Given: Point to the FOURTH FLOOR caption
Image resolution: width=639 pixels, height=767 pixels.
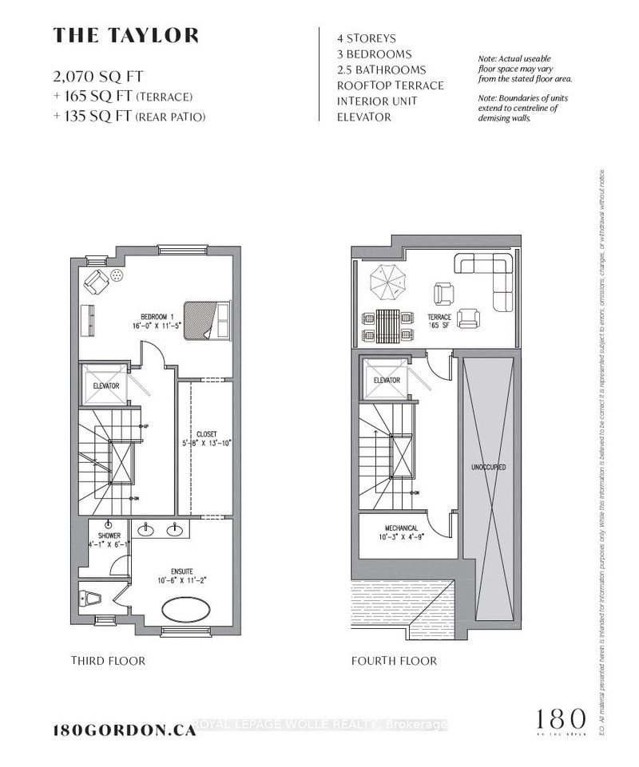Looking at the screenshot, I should click(394, 661).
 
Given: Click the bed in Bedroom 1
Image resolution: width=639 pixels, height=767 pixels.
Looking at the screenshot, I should click(207, 320).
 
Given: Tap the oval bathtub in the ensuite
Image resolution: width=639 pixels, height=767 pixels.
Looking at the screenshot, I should click(189, 613).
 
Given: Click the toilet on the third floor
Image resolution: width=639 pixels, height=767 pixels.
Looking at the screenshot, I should click(89, 596).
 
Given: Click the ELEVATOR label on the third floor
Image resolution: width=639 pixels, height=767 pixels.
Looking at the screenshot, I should click(106, 386).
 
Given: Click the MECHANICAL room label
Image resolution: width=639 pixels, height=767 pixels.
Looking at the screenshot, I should click(396, 528).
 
